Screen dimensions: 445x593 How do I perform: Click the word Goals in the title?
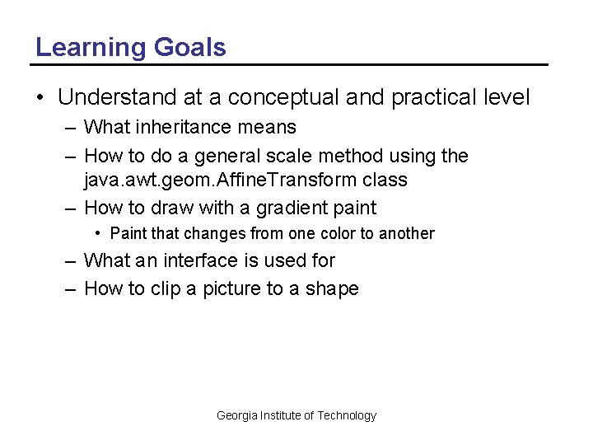[x=189, y=48]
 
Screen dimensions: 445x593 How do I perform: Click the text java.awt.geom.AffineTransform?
[x=217, y=179]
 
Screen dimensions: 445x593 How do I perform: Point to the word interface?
[x=200, y=260]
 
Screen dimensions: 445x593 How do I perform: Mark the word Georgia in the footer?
[x=237, y=415]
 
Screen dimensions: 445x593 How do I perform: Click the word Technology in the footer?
[x=347, y=415]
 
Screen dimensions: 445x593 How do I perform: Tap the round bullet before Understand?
[x=40, y=98]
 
